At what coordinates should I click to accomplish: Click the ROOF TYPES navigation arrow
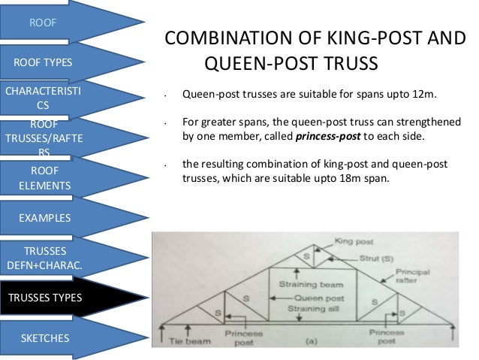pos(42,62)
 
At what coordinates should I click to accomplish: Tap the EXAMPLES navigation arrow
pos(45,218)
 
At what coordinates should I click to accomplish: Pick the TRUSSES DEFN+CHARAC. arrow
pos(46,258)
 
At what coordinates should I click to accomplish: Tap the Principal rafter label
pos(417,276)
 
